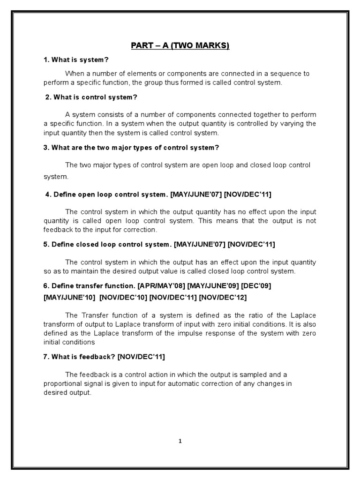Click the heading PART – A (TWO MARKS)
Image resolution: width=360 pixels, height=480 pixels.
coord(180,46)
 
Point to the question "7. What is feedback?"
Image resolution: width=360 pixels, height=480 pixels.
coord(80,357)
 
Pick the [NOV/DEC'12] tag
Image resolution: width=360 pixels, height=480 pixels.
coord(223,297)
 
